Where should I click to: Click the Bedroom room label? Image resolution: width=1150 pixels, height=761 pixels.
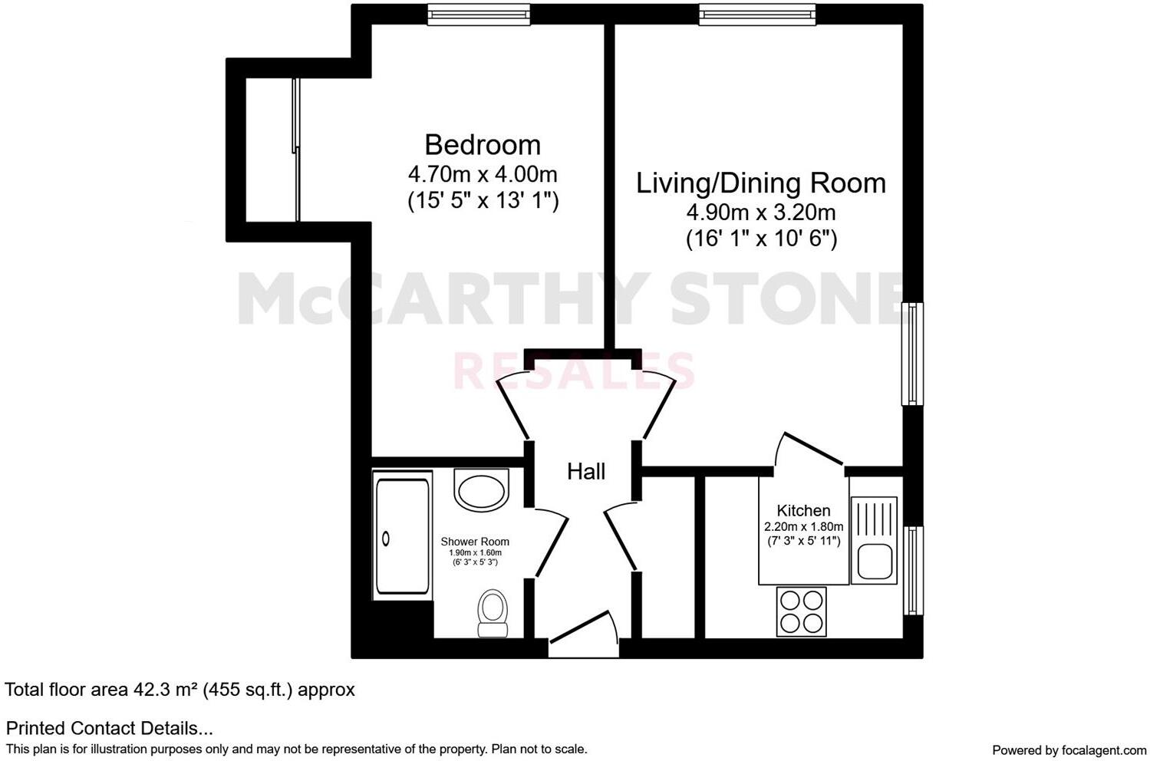(x=483, y=145)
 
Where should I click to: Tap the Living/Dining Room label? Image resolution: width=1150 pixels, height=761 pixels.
(x=761, y=183)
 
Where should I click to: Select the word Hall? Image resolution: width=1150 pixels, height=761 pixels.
(x=586, y=472)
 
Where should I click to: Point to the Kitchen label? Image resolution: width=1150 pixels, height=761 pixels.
(x=803, y=511)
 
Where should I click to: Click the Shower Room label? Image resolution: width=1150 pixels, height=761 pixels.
(x=475, y=542)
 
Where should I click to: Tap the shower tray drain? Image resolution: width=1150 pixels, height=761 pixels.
(x=386, y=539)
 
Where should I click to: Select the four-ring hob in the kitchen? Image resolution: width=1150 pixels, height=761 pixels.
(x=802, y=611)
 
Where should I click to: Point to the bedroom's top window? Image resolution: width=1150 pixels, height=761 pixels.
(x=479, y=14)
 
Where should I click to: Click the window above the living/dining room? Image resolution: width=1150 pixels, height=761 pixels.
(x=756, y=14)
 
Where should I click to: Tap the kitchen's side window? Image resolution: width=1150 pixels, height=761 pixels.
(x=912, y=570)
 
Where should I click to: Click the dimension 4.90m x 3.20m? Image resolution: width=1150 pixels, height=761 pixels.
(x=761, y=212)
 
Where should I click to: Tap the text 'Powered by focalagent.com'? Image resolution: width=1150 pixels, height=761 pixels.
(x=1069, y=749)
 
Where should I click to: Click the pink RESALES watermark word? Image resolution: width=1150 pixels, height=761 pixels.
(x=574, y=371)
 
